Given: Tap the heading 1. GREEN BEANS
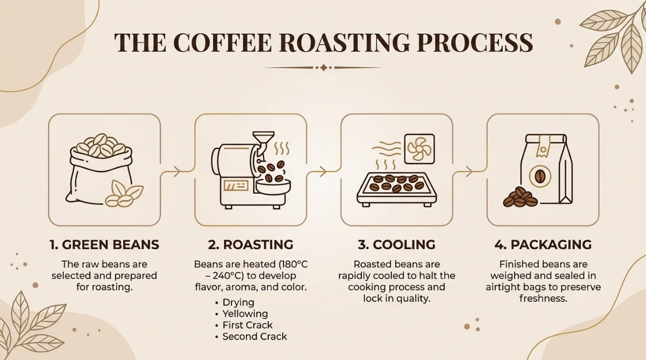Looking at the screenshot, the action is (104, 245).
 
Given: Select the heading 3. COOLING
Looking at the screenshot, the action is (397, 245).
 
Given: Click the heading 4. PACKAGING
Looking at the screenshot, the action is (543, 245).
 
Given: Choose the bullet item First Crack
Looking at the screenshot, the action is (248, 325).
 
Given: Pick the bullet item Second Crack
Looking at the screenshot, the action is (255, 336).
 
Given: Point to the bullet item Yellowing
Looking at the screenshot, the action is (245, 314).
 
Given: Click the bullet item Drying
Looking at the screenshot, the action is (238, 302).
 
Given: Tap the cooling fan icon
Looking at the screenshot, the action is (419, 149).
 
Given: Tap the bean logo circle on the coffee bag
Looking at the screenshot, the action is (540, 176).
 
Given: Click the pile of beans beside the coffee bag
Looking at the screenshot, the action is (520, 197).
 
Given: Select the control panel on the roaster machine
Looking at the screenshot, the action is (236, 186).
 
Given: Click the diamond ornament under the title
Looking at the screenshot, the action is (324, 68).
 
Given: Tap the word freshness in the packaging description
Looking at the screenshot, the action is (543, 299).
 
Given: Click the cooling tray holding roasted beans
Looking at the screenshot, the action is (397, 189).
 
